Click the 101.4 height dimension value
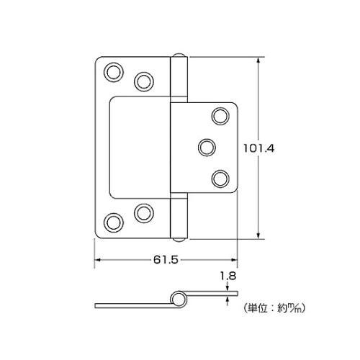pyautogui.click(x=258, y=148)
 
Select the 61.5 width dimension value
pyautogui.click(x=166, y=260)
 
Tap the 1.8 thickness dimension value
pyautogui.click(x=228, y=276)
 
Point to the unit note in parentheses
pyautogui.click(x=274, y=307)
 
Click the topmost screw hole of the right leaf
pyautogui.click(x=220, y=116)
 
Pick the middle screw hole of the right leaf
pyautogui.click(x=207, y=148)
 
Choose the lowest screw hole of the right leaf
pyautogui.click(x=220, y=179)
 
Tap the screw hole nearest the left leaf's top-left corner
pyautogui.click(x=114, y=72)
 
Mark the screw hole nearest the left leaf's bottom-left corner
pyautogui.click(x=114, y=222)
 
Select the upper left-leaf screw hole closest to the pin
pyautogui.click(x=144, y=81)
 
